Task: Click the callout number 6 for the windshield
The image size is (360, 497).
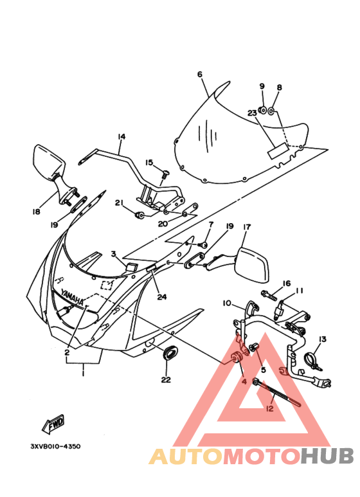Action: click(x=200, y=75)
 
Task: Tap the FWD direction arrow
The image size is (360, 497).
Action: click(x=53, y=424)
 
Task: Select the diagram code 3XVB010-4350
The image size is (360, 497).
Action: click(x=55, y=446)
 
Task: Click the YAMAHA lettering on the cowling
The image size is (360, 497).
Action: click(x=72, y=297)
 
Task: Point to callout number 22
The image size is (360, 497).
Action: click(x=166, y=379)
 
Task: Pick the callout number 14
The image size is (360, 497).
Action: click(x=122, y=136)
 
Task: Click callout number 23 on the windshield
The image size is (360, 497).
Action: click(x=252, y=113)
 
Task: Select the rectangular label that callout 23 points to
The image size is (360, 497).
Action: click(x=277, y=150)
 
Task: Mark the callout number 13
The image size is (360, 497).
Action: click(x=322, y=339)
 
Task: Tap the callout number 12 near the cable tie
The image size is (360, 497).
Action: click(x=270, y=408)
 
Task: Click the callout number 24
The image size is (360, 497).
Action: click(x=161, y=296)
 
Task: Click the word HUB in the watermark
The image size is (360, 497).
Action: click(x=327, y=456)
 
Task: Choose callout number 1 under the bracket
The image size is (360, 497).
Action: click(x=83, y=374)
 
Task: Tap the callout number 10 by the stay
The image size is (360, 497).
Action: click(x=227, y=303)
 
